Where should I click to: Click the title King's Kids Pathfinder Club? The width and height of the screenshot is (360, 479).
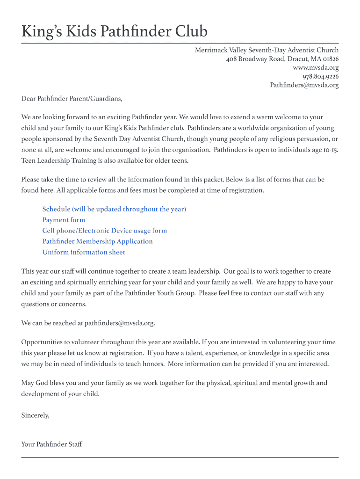click(x=114, y=31)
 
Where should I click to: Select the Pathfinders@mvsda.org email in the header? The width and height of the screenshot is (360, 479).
click(x=304, y=85)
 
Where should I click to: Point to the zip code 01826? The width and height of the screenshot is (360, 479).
click(x=329, y=59)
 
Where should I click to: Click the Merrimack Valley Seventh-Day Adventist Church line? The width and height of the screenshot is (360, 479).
click(x=266, y=50)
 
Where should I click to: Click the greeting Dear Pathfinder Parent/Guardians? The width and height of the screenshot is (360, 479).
click(x=72, y=99)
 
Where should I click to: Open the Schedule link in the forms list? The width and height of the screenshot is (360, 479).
click(x=114, y=209)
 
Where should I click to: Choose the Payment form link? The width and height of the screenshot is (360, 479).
click(x=64, y=220)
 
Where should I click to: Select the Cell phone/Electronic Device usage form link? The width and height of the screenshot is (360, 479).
click(x=104, y=231)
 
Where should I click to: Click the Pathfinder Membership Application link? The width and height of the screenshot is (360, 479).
click(x=97, y=241)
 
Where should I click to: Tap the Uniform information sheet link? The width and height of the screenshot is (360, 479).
click(x=84, y=252)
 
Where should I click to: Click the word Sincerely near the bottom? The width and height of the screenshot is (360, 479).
click(x=35, y=415)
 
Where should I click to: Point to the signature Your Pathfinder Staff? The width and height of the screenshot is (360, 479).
click(x=51, y=444)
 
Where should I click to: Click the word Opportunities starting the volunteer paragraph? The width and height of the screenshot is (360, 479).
click(x=42, y=342)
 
